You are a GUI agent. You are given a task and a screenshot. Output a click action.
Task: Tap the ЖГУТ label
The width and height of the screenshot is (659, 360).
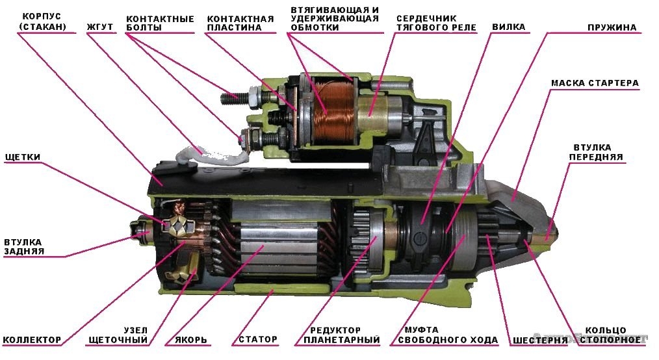(100, 27)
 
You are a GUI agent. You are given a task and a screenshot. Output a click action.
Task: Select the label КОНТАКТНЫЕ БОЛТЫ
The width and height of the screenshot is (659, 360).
(160, 23)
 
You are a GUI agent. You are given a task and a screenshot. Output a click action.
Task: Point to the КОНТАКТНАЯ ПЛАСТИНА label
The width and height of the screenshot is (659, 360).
(240, 23)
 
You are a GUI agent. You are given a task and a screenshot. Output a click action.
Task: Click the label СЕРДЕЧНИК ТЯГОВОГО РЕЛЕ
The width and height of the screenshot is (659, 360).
(436, 23)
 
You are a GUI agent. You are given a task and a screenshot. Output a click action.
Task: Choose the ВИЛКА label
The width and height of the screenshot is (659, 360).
(509, 27)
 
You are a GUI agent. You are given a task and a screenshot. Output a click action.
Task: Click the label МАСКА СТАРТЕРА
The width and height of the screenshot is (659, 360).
(595, 83)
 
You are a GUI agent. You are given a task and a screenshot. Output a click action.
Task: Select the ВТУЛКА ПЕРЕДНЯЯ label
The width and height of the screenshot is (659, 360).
(595, 152)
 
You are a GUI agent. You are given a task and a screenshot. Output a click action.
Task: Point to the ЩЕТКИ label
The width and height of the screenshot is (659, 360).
(23, 157)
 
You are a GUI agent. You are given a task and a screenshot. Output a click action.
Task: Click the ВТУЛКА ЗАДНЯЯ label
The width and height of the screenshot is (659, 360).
(24, 246)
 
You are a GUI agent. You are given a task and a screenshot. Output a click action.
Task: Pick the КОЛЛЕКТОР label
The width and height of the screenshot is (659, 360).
(32, 339)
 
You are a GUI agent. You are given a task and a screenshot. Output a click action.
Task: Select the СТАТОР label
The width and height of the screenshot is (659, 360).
(258, 339)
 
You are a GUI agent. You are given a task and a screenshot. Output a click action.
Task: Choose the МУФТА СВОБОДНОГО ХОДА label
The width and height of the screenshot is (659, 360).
(448, 335)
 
